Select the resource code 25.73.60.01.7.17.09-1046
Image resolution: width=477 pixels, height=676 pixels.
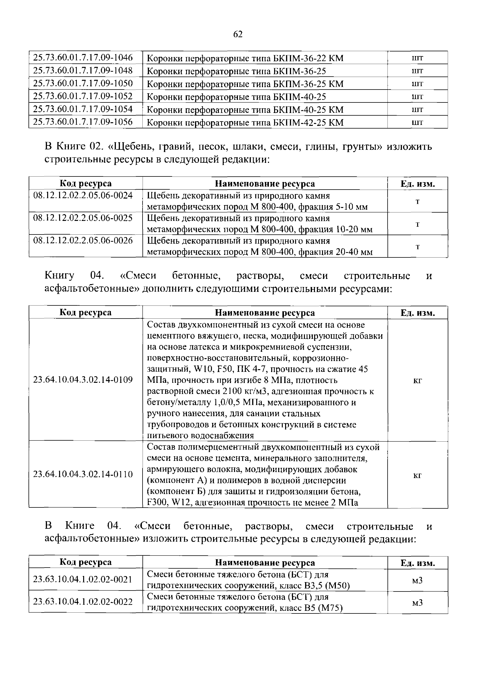point(83,57)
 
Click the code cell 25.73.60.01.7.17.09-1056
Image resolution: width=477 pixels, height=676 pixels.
point(83,122)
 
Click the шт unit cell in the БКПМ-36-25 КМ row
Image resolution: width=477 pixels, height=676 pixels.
point(417,84)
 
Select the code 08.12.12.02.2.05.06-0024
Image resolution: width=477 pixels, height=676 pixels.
point(83,195)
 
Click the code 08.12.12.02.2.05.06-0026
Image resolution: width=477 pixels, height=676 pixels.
point(83,241)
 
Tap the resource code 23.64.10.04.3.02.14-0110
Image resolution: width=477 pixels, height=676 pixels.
point(83,474)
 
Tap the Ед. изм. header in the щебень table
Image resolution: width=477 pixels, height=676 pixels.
point(417,184)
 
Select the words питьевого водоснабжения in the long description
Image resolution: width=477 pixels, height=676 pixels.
point(200,435)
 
